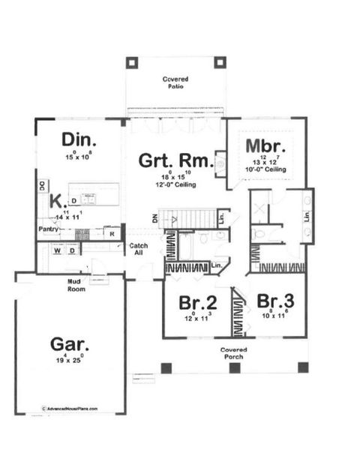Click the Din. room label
click(x=75, y=140)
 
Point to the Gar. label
click(x=70, y=345)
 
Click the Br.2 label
click(x=198, y=303)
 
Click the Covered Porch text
click(x=234, y=354)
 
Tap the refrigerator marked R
click(x=112, y=233)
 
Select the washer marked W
click(x=56, y=250)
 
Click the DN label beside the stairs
click(x=154, y=218)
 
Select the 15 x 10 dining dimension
click(x=76, y=157)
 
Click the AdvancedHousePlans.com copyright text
click(x=70, y=409)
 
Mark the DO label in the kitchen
click(x=42, y=185)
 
